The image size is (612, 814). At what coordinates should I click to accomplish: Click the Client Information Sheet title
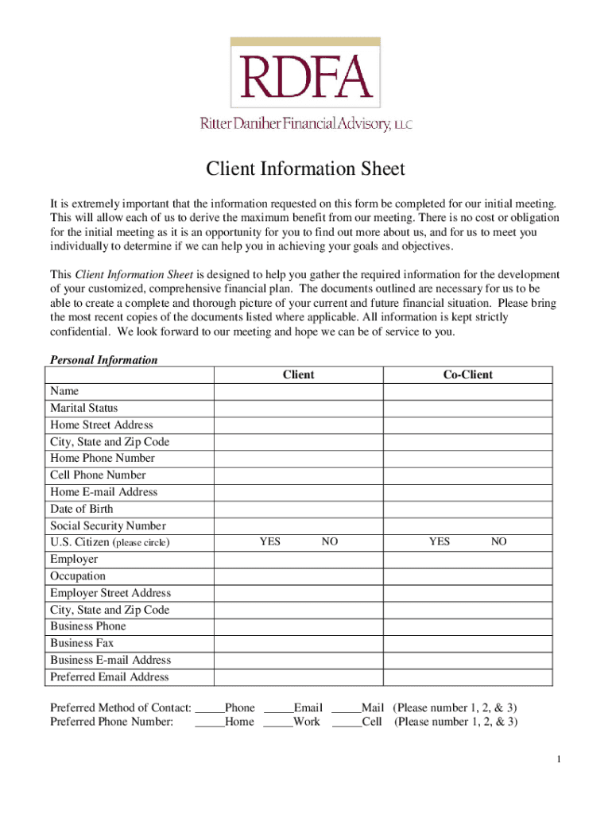306,169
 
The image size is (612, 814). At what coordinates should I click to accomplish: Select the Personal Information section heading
104,360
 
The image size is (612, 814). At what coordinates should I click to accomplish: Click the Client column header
298,374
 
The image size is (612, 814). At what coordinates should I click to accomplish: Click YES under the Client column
269,542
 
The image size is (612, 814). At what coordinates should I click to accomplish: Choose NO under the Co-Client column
498,542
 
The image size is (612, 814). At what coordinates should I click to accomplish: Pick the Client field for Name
298,391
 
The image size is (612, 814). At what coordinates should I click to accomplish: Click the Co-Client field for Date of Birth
468,509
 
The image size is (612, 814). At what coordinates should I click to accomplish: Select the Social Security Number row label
108,525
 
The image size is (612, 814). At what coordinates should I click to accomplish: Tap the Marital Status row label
84,408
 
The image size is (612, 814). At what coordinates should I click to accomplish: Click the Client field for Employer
298,560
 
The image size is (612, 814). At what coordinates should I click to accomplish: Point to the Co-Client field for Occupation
468,576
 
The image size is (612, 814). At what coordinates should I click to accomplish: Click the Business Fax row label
83,643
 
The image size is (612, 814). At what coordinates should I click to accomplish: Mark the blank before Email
277,708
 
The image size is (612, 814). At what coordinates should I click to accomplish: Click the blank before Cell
346,723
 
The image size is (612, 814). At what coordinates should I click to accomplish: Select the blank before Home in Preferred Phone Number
209,723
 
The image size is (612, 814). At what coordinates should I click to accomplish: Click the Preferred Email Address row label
110,677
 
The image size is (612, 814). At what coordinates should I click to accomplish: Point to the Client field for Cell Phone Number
298,475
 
